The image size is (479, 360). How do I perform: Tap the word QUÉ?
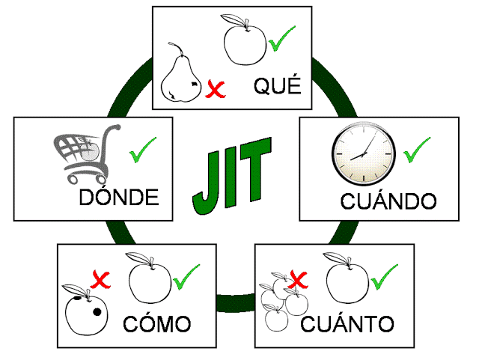(277, 87)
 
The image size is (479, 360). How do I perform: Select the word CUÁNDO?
(388, 201)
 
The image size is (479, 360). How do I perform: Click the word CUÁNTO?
(347, 325)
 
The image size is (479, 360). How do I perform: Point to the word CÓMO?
(157, 325)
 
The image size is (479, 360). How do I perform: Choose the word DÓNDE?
(119, 198)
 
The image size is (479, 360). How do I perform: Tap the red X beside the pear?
(216, 91)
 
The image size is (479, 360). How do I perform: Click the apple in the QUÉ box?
(245, 42)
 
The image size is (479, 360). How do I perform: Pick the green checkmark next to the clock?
(417, 149)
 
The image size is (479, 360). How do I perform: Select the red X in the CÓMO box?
(100, 281)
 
